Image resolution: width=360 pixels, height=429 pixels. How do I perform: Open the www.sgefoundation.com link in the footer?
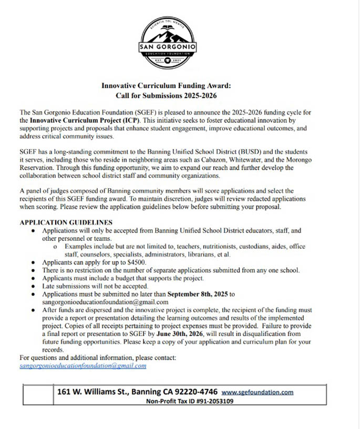pyautogui.click(x=257, y=392)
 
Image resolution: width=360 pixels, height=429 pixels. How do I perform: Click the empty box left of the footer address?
pyautogui.click(x=38, y=396)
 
